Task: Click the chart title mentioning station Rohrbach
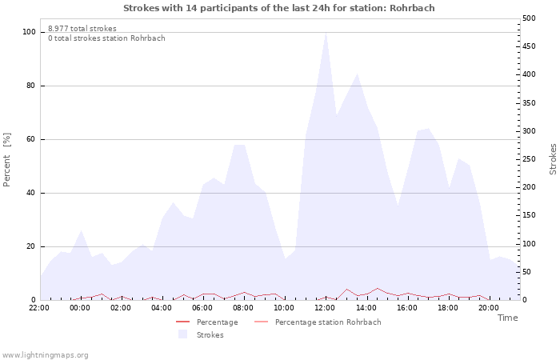click(x=279, y=8)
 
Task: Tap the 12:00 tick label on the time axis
click(x=325, y=308)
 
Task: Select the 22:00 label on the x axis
click(x=39, y=308)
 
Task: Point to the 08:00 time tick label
click(x=243, y=308)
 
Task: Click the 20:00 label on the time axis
click(x=489, y=308)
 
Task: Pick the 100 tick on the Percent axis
click(x=29, y=32)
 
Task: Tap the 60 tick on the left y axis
click(x=31, y=139)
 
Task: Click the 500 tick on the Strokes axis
click(x=529, y=18)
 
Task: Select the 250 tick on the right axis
click(x=529, y=159)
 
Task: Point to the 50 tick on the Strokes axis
click(x=526, y=272)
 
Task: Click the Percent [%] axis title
click(x=6, y=160)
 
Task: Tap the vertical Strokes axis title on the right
click(x=553, y=159)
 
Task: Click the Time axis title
click(x=507, y=318)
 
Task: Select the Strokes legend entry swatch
click(x=182, y=334)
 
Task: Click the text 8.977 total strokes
click(x=82, y=29)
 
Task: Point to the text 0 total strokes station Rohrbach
click(x=106, y=38)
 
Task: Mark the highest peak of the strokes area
click(x=326, y=33)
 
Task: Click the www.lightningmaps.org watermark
click(x=45, y=355)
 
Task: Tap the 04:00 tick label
click(x=162, y=308)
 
